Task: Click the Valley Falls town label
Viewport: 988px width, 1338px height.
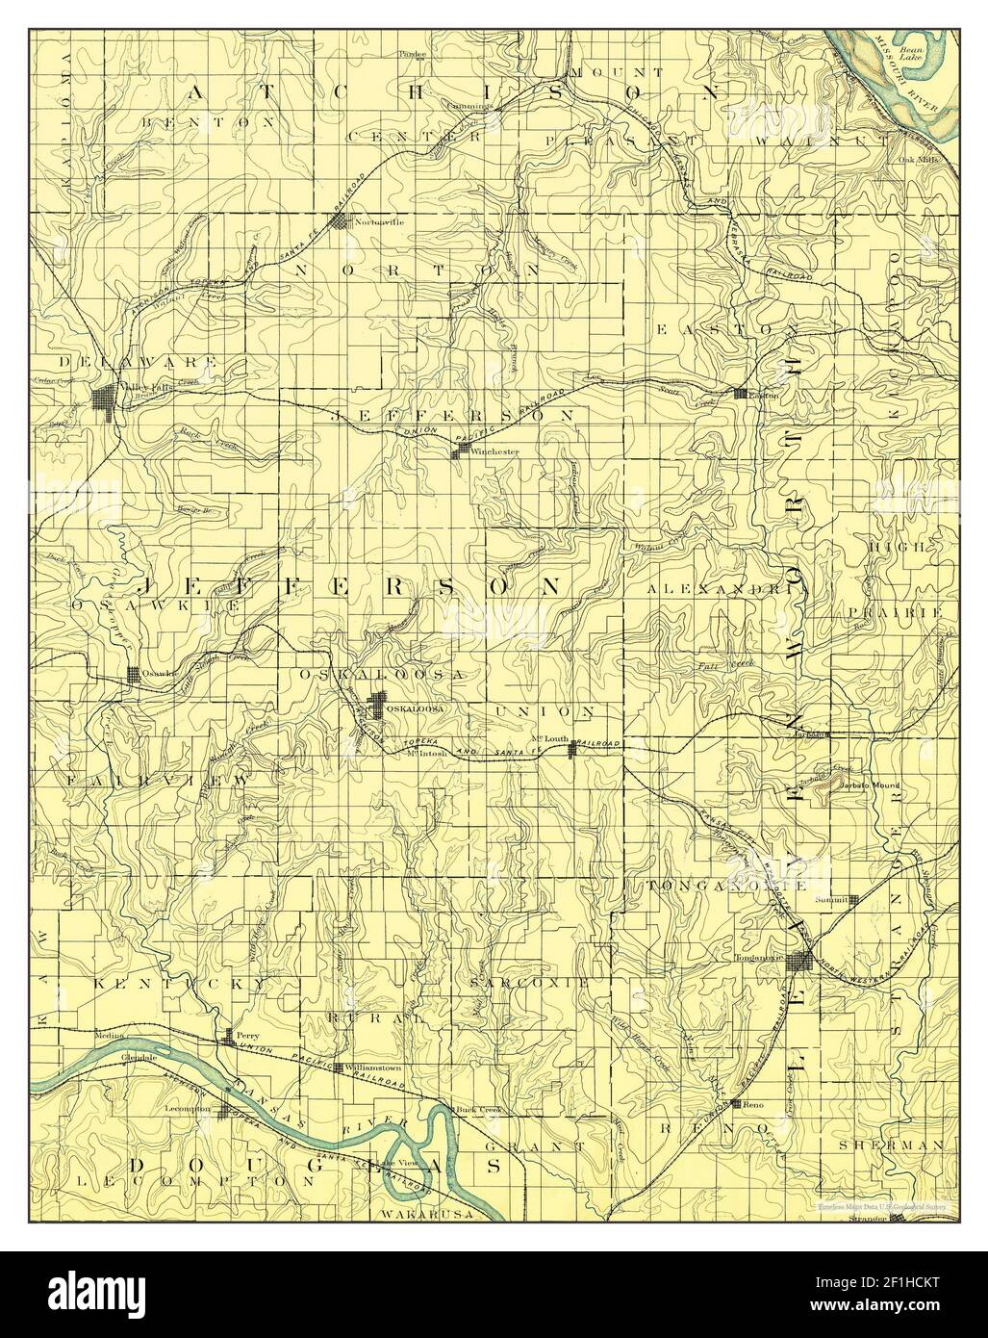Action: (x=136, y=387)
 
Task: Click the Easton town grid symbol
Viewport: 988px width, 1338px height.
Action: (x=740, y=394)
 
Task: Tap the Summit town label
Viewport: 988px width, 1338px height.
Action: (x=829, y=899)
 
